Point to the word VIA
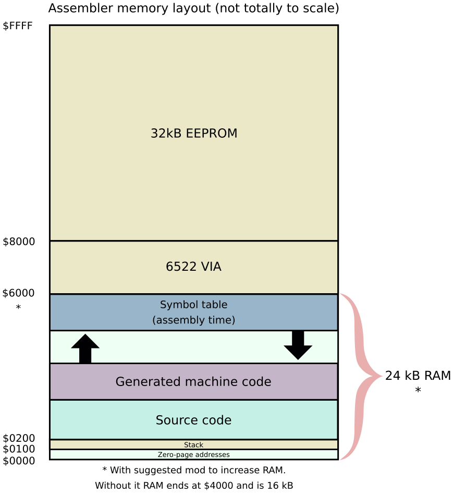211,267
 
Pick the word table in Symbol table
214,305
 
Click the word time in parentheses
222,320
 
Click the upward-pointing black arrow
85,348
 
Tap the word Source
174,420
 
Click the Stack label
193,445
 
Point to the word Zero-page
175,455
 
